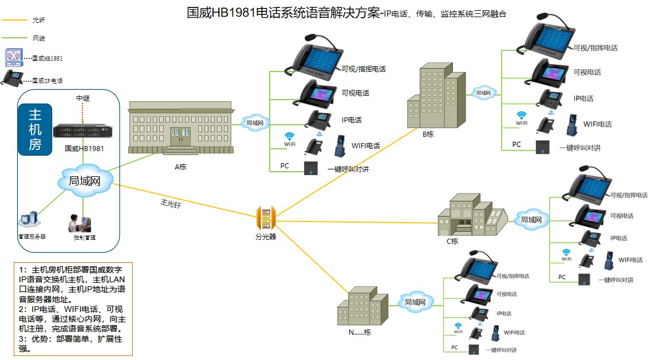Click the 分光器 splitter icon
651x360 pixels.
click(x=266, y=217)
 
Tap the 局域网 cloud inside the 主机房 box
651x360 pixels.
click(x=84, y=181)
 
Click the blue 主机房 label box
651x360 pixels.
click(x=35, y=129)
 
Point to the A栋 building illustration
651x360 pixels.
click(x=180, y=129)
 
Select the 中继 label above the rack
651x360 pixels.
click(x=83, y=98)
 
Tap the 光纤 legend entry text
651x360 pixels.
click(x=38, y=20)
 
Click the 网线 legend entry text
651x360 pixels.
click(x=38, y=38)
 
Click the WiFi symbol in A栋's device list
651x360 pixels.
click(x=290, y=137)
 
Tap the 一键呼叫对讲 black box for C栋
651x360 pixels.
click(x=584, y=279)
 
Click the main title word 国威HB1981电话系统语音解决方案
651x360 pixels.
click(x=283, y=13)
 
